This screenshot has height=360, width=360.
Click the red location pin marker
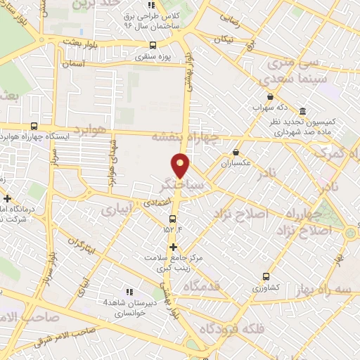[181, 165]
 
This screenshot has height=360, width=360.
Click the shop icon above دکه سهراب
[270, 97]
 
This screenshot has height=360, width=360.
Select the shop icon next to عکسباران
[236, 151]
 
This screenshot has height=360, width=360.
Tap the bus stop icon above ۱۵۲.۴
[173, 219]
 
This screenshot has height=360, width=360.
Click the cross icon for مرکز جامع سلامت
[173, 246]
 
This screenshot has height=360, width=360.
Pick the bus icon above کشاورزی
[265, 276]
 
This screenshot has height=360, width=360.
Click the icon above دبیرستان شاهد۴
[129, 292]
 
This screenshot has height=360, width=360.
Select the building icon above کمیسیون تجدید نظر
[302, 112]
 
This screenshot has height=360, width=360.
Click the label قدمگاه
[202, 287]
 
